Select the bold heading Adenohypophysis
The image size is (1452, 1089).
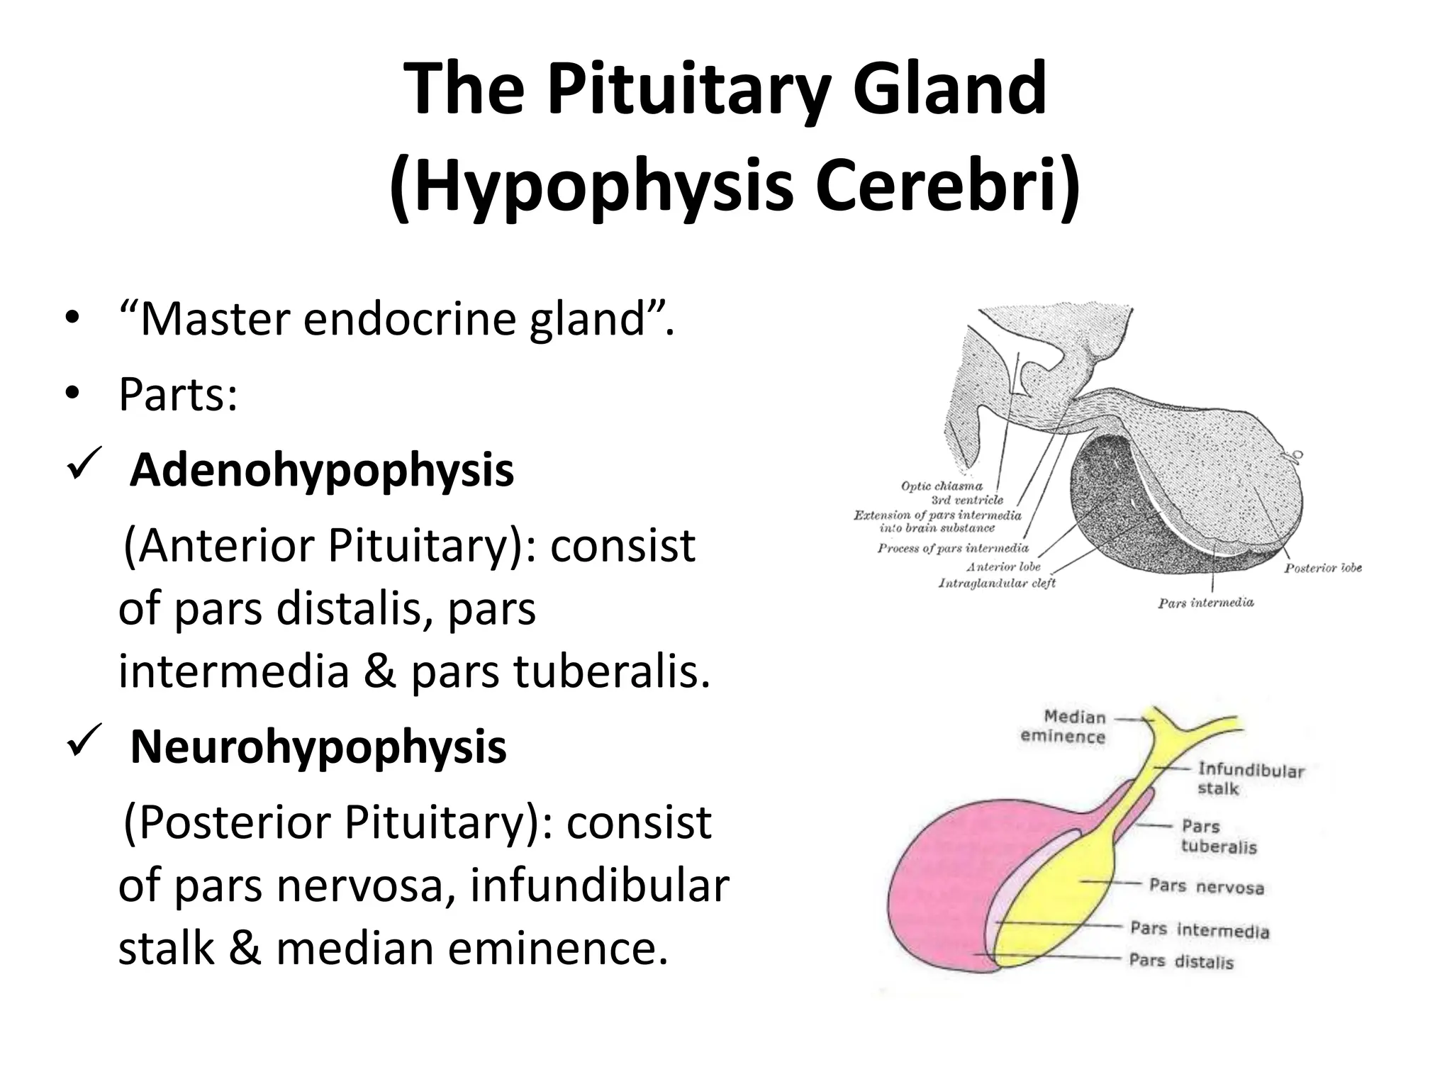click(321, 470)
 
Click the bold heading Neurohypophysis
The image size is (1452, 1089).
click(318, 747)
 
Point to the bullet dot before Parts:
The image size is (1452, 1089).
click(71, 394)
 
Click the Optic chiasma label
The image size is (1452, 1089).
click(942, 486)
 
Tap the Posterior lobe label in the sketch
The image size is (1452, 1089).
click(1323, 568)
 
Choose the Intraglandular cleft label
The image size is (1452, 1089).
click(997, 583)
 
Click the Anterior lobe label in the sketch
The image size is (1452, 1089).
click(1003, 566)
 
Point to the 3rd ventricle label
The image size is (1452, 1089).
click(967, 500)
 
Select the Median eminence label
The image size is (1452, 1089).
click(1063, 727)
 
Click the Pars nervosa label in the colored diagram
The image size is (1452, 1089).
click(1206, 886)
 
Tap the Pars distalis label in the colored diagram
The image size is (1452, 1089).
click(1181, 961)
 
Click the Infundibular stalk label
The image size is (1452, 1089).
click(1251, 778)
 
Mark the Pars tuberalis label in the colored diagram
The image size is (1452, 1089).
click(1218, 837)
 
